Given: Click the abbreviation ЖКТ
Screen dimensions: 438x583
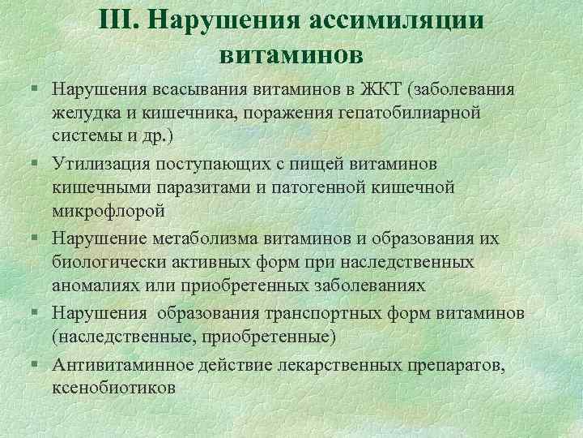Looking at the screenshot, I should pos(380,88).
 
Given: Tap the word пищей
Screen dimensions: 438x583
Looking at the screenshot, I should pos(322,164).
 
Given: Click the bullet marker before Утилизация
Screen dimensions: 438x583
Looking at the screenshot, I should pos(31,164).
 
